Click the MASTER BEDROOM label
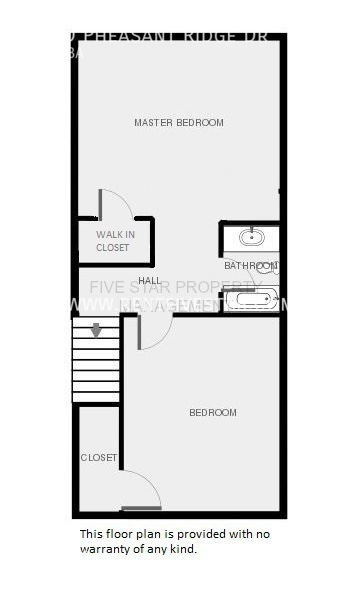click(178, 123)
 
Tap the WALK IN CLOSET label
click(113, 241)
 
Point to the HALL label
click(150, 280)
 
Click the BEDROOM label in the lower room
click(213, 412)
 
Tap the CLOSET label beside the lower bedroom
click(98, 458)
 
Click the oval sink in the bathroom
click(250, 238)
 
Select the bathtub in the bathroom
click(250, 298)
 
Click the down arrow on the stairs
click(96, 330)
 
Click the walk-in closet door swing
click(118, 202)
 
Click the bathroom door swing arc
click(236, 281)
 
